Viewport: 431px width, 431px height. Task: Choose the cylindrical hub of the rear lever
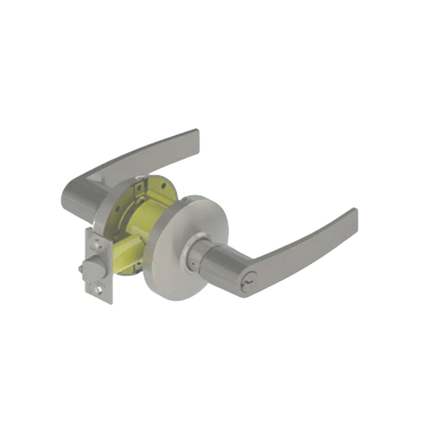80,198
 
